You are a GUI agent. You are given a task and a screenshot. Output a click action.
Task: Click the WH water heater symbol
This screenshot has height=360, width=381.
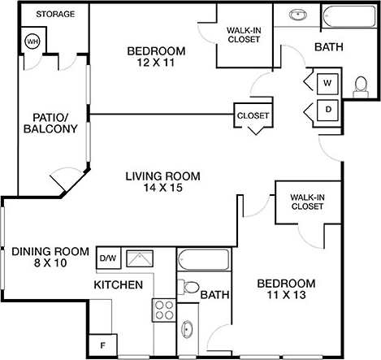(x=33, y=41)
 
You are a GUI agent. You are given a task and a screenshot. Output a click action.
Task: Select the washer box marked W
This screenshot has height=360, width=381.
(x=328, y=82)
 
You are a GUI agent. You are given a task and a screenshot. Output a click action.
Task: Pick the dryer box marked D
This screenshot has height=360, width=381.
(x=328, y=109)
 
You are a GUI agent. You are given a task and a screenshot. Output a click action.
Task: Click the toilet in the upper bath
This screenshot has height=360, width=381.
(x=361, y=83)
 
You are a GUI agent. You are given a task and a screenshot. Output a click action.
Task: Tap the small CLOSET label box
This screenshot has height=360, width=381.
(x=253, y=115)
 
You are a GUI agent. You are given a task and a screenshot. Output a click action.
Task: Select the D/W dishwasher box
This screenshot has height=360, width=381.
(x=108, y=258)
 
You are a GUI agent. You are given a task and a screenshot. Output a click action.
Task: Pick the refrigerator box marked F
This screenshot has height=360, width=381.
(x=102, y=345)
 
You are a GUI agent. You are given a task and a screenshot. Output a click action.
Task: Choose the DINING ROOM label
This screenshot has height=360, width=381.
(x=49, y=251)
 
